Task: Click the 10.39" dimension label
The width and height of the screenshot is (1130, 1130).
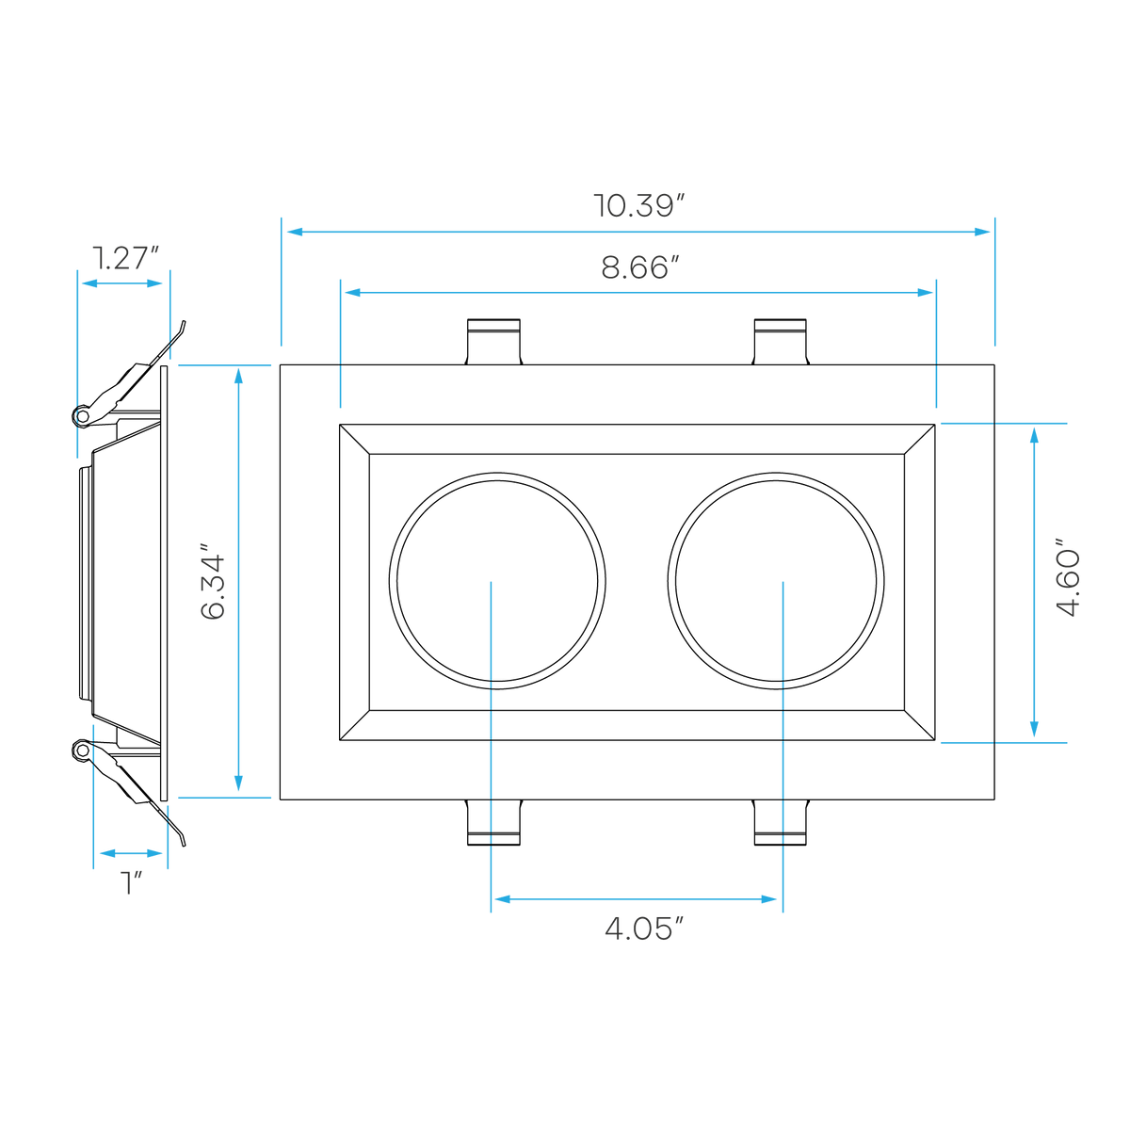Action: [x=639, y=206]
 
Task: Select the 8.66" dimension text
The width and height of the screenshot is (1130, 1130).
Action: [x=640, y=267]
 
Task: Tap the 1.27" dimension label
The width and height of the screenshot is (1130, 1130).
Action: [x=126, y=258]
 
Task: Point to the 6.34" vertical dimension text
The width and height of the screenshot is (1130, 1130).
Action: [x=212, y=581]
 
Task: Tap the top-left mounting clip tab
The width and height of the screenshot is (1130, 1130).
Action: [x=493, y=341]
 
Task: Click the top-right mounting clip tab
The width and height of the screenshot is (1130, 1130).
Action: [x=781, y=341]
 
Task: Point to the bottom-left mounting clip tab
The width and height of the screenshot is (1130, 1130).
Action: [x=493, y=822]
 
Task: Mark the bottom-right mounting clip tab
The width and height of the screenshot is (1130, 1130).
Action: [x=781, y=822]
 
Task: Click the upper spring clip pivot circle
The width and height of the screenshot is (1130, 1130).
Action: [x=83, y=416]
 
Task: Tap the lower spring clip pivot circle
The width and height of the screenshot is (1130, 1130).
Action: [x=83, y=750]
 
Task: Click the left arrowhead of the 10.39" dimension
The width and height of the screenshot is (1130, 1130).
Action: [x=295, y=232]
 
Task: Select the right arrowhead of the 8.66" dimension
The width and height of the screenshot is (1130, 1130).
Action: [x=925, y=293]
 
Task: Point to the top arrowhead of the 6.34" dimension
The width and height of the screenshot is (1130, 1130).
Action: [x=238, y=376]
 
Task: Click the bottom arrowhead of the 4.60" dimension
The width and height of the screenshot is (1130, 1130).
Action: [x=1034, y=729]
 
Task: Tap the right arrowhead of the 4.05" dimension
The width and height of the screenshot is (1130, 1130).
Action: [x=768, y=899]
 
